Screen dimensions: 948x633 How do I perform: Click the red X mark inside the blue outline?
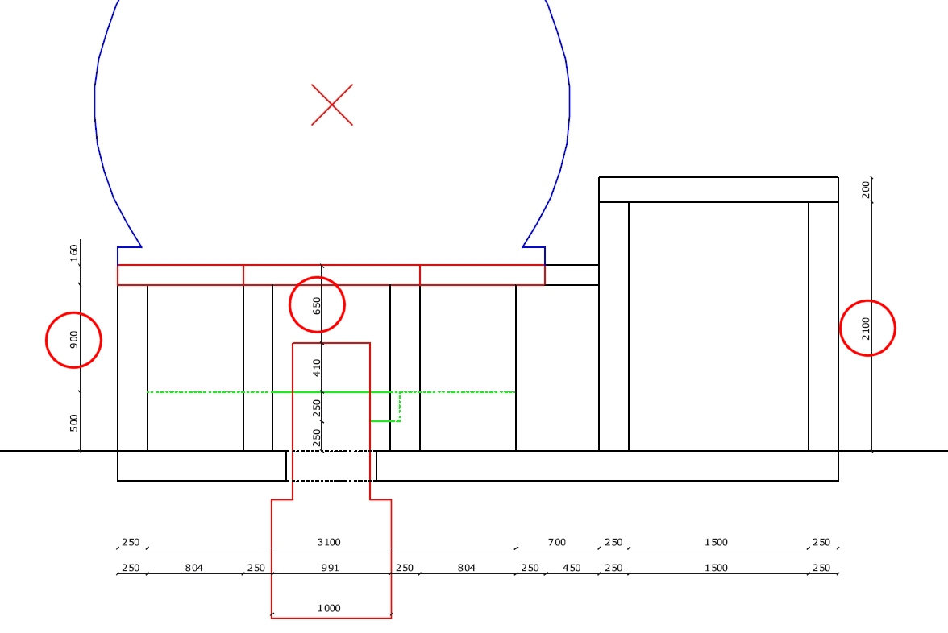tap(332, 105)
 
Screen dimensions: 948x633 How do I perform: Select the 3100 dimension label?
tap(329, 543)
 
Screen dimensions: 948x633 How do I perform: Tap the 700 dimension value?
tap(557, 543)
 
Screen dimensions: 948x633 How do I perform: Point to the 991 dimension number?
tap(331, 568)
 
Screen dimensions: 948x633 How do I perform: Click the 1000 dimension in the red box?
tap(329, 608)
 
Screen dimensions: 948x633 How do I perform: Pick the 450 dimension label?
tap(572, 568)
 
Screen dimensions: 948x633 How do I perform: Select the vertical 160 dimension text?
tap(74, 253)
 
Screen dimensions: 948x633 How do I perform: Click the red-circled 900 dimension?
tap(74, 340)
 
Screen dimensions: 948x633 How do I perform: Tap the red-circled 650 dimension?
tap(317, 306)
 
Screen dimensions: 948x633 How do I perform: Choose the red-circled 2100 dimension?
tap(866, 329)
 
